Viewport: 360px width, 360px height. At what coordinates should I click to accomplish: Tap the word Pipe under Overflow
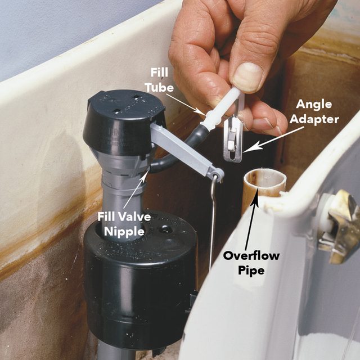pyautogui.click(x=249, y=270)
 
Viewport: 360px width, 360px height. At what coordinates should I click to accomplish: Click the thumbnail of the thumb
pyautogui.click(x=248, y=76)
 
